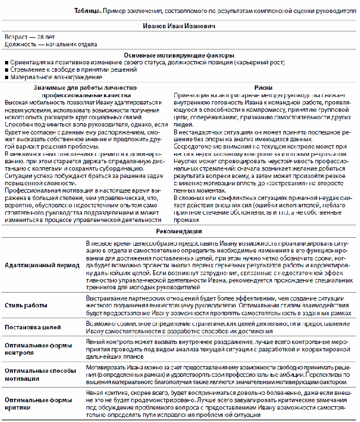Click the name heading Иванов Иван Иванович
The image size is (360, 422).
point(179,26)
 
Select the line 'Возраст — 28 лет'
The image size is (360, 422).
point(26,38)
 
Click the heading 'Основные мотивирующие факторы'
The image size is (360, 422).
point(179,55)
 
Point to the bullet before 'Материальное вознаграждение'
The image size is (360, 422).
point(6,76)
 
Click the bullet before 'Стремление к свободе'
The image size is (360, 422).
point(6,69)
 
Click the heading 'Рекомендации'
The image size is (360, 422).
point(179,231)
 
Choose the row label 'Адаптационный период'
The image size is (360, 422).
point(38,265)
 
